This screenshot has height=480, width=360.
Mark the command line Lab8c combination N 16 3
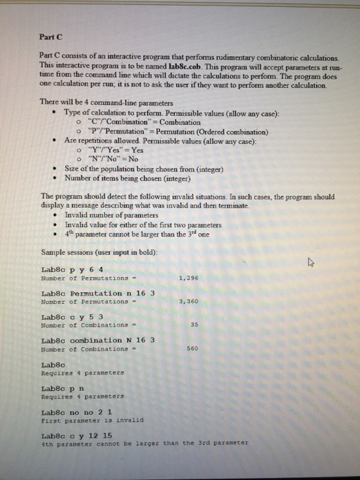coord(99,339)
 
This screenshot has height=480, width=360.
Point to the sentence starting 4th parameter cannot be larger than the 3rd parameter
coord(144,443)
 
